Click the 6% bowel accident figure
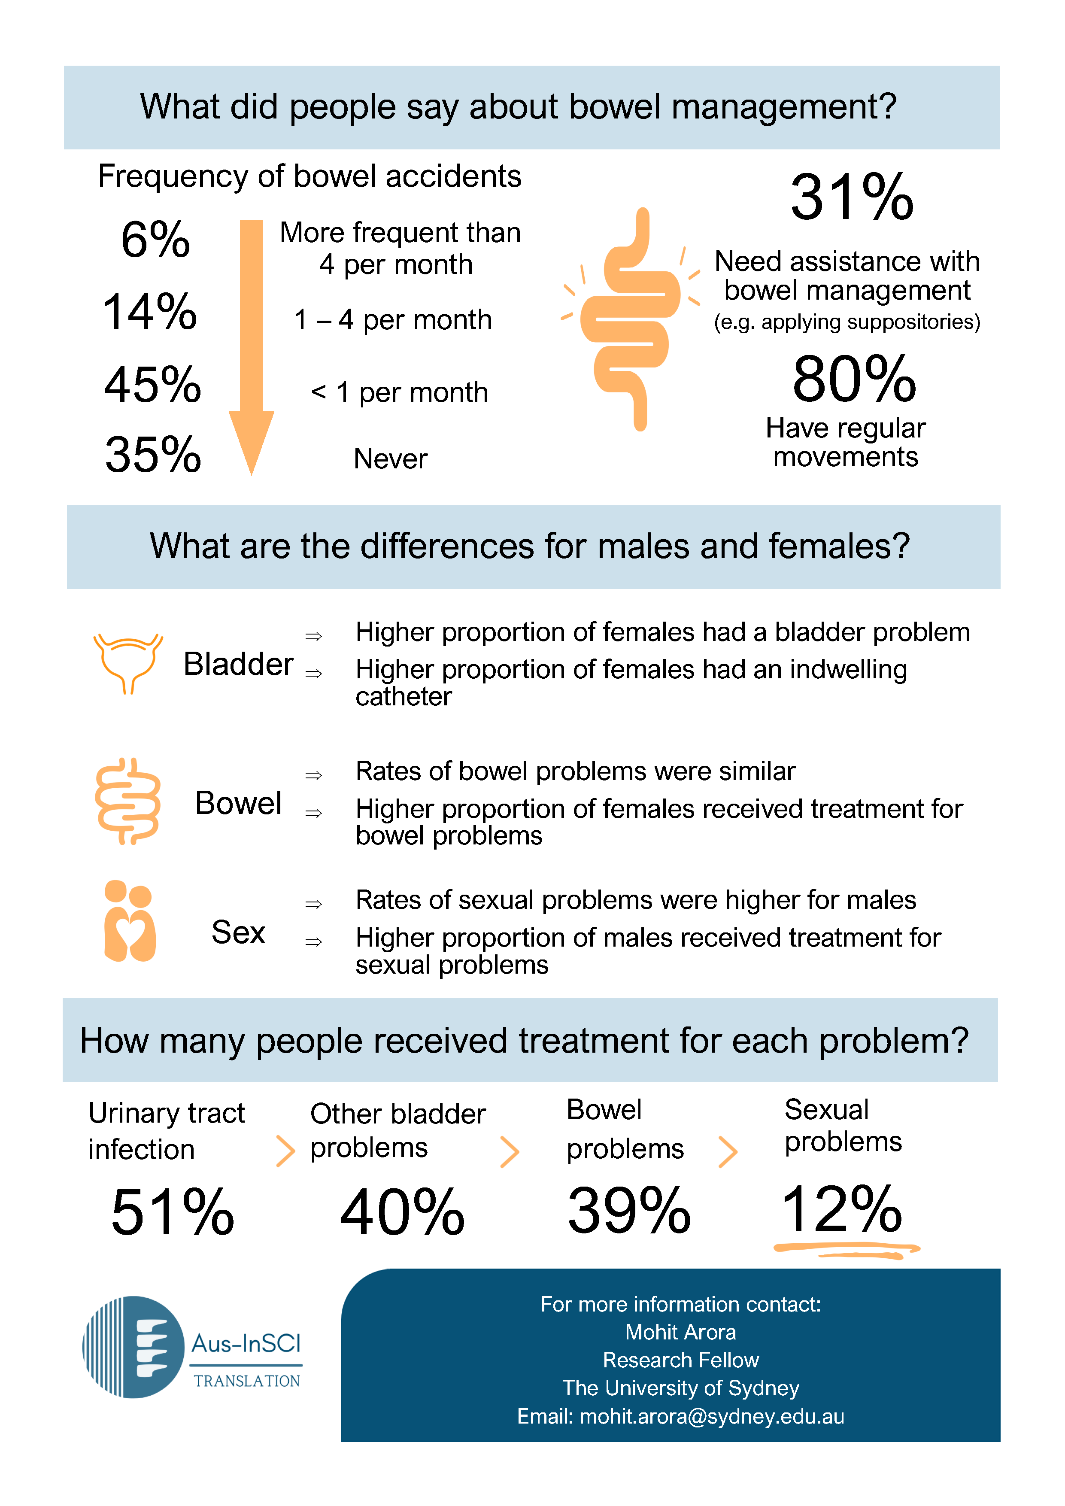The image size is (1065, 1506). point(155,240)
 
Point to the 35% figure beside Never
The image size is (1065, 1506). point(153,455)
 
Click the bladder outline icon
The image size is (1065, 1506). point(128,661)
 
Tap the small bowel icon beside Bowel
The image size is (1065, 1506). point(128,801)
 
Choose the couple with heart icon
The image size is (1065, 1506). point(130,921)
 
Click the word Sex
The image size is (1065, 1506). point(238,932)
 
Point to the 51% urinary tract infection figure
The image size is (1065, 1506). point(173,1212)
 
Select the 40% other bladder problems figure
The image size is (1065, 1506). point(402,1212)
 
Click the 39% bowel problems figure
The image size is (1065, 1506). point(629,1211)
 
